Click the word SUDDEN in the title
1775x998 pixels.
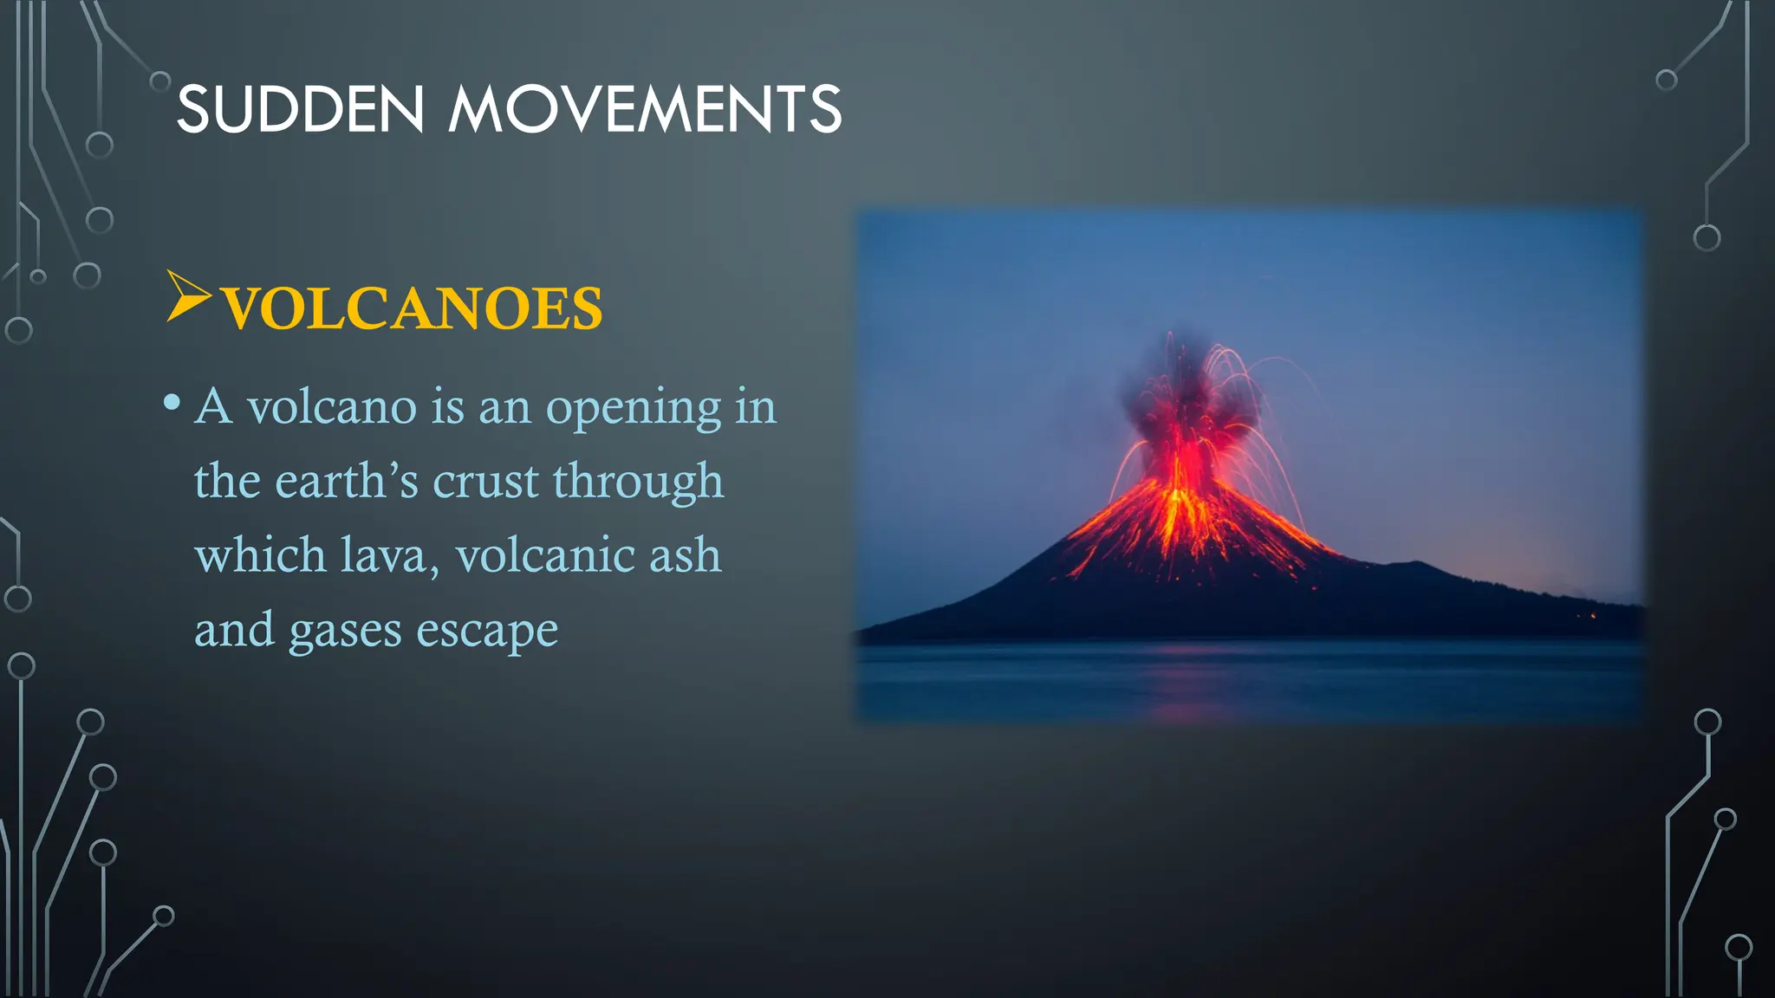300,110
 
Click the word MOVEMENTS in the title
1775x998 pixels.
644,110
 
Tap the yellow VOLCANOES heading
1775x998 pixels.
412,308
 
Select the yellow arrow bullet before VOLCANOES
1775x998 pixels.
187,296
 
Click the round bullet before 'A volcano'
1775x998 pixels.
172,403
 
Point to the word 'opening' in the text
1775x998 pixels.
633,407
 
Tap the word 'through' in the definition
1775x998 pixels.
638,483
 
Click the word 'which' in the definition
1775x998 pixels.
259,555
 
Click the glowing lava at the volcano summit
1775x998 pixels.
1179,485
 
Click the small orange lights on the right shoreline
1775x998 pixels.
1590,616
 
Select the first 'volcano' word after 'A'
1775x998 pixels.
332,407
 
